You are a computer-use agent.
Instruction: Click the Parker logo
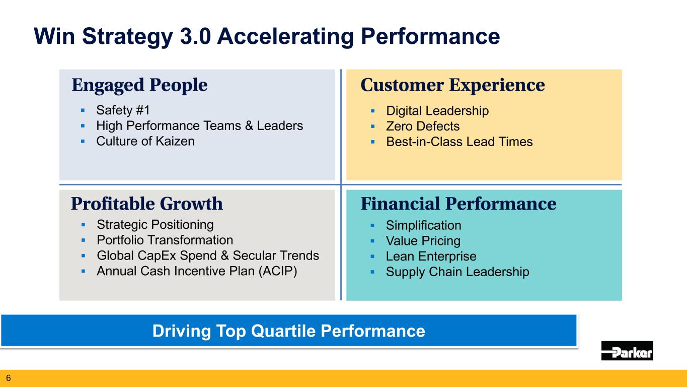click(x=627, y=350)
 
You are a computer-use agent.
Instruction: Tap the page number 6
click(x=8, y=378)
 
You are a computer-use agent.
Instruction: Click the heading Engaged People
click(x=139, y=85)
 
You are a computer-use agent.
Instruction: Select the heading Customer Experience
click(x=452, y=85)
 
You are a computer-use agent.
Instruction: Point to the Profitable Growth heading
click(x=147, y=204)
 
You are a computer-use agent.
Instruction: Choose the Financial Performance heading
click(x=459, y=204)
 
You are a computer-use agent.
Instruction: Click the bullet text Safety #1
click(x=123, y=110)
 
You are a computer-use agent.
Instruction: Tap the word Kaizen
click(x=175, y=141)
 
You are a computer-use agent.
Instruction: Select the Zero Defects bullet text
click(x=423, y=126)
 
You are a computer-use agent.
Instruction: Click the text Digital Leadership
click(x=437, y=111)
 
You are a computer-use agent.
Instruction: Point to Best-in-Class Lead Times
click(x=460, y=142)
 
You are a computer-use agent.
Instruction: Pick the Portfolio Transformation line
click(x=165, y=240)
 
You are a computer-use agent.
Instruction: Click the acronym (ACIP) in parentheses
click(x=278, y=272)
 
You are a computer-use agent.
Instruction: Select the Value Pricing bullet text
click(x=423, y=241)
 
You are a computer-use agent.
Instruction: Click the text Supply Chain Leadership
click(x=457, y=272)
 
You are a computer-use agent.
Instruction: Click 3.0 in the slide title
click(x=195, y=36)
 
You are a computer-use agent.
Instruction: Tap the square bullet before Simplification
click(x=372, y=225)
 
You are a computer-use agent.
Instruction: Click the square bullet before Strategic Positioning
click(x=84, y=225)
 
